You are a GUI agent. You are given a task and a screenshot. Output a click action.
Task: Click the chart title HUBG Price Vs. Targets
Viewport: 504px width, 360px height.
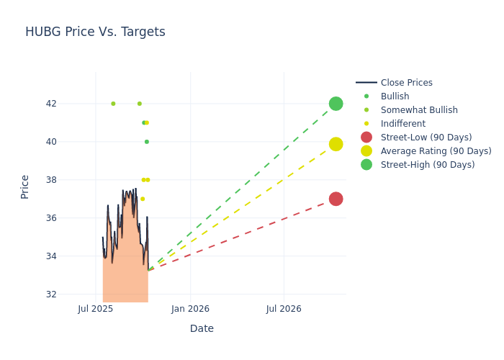pos(95,32)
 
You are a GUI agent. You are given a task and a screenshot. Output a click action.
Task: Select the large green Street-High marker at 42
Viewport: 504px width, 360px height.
pos(336,104)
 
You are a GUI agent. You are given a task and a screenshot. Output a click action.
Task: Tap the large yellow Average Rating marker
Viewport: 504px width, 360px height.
pos(336,144)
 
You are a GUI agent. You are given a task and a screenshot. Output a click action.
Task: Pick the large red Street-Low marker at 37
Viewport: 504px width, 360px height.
pos(336,199)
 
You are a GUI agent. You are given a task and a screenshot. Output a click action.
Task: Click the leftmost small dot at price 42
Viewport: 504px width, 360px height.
pos(113,104)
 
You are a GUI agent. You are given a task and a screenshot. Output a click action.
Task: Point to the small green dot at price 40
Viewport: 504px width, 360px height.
pos(147,142)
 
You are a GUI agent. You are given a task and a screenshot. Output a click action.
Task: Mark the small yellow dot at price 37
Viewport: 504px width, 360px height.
pos(143,199)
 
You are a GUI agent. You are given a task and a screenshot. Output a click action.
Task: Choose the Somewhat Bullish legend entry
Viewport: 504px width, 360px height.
pos(419,110)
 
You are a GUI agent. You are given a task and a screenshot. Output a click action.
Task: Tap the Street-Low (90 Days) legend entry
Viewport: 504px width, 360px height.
pos(426,138)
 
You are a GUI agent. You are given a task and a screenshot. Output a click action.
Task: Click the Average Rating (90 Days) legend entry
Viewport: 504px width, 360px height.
pos(436,151)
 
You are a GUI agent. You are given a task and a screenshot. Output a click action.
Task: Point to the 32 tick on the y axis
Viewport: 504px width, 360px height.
pos(71,294)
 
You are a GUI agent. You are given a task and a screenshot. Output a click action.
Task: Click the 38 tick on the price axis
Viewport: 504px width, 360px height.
pos(71,180)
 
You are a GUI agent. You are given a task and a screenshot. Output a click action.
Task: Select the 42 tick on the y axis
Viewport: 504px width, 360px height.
pos(71,104)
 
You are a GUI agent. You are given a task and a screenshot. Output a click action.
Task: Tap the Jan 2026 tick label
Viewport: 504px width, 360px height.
pos(190,309)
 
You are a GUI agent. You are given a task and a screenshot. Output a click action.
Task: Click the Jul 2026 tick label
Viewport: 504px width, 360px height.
pos(284,309)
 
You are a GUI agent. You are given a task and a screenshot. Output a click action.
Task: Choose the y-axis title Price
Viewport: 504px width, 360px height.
pos(25,186)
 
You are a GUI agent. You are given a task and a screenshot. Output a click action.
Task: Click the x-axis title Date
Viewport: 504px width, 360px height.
pos(202,328)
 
